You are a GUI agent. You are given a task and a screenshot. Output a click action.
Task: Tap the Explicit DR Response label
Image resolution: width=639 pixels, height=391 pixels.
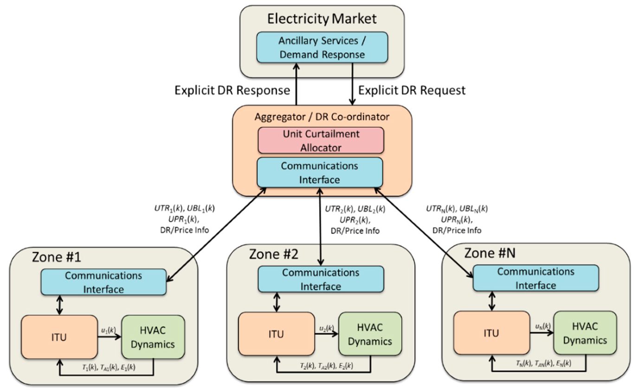point(232,90)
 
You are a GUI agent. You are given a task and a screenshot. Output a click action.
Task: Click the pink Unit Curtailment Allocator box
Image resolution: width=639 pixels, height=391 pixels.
point(321,140)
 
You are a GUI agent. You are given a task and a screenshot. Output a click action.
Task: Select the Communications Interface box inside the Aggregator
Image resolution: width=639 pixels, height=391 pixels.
point(320,172)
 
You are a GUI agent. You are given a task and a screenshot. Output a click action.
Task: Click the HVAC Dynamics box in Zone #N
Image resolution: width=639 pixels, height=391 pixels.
point(585,333)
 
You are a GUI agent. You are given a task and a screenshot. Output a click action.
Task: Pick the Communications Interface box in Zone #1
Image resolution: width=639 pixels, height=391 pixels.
point(103,282)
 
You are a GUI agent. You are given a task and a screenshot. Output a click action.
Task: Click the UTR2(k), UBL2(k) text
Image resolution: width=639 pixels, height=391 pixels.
point(355,209)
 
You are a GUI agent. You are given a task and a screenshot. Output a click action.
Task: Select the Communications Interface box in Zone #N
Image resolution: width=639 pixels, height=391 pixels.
point(535,278)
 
